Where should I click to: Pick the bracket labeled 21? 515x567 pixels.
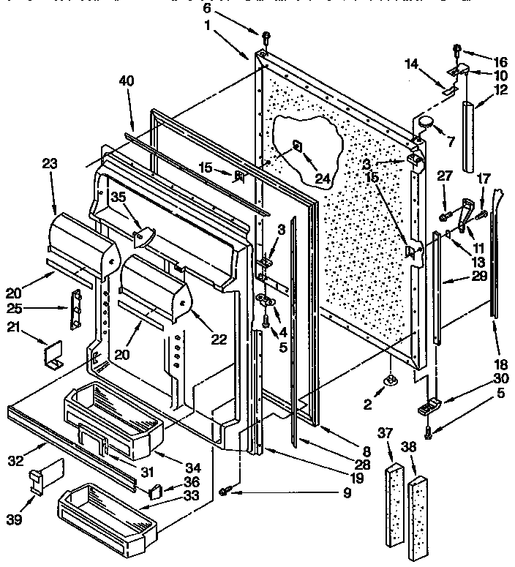tap(53, 355)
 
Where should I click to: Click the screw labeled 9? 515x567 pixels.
tap(227, 493)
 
